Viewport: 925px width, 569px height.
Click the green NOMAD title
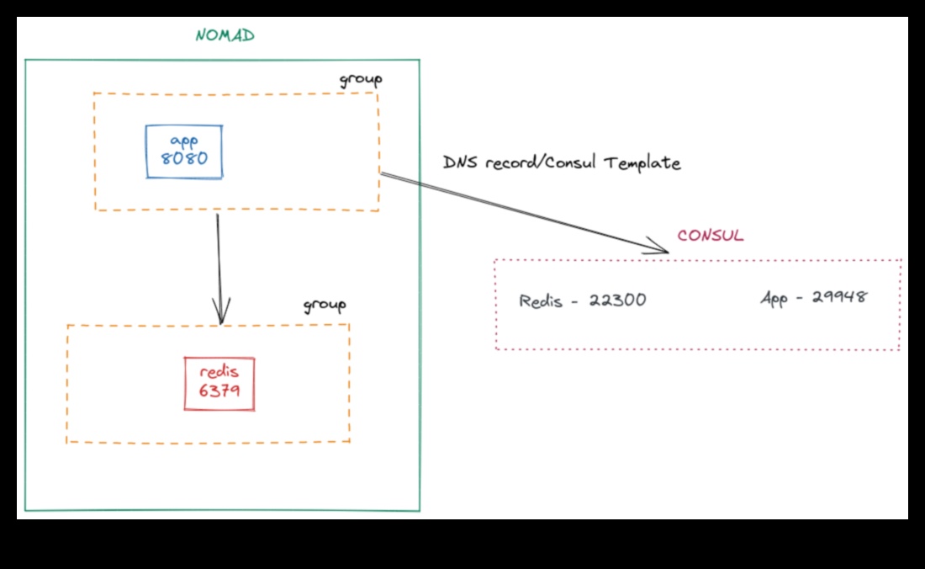click(x=225, y=35)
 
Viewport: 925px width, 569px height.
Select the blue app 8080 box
click(x=184, y=152)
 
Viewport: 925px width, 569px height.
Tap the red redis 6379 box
click(x=219, y=384)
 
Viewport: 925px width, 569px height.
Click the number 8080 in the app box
click(x=184, y=158)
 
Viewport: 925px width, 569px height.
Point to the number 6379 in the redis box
click(x=219, y=391)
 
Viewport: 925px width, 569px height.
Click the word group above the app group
click(x=361, y=80)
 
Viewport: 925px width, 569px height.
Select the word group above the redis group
click(x=325, y=305)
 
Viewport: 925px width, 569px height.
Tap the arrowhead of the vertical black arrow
click(x=221, y=314)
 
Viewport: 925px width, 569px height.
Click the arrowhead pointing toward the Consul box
click(x=660, y=247)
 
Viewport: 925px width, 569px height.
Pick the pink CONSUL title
click(x=711, y=236)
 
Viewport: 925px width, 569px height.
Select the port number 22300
click(x=617, y=300)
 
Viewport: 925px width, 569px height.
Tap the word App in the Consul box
click(x=774, y=298)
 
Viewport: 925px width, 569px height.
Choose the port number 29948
click(x=839, y=297)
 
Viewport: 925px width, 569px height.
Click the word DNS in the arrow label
click(x=459, y=162)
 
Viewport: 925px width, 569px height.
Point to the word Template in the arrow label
click(x=642, y=163)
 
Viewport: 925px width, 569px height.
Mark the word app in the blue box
click(x=183, y=141)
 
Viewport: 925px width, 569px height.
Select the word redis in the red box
click(x=219, y=372)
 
